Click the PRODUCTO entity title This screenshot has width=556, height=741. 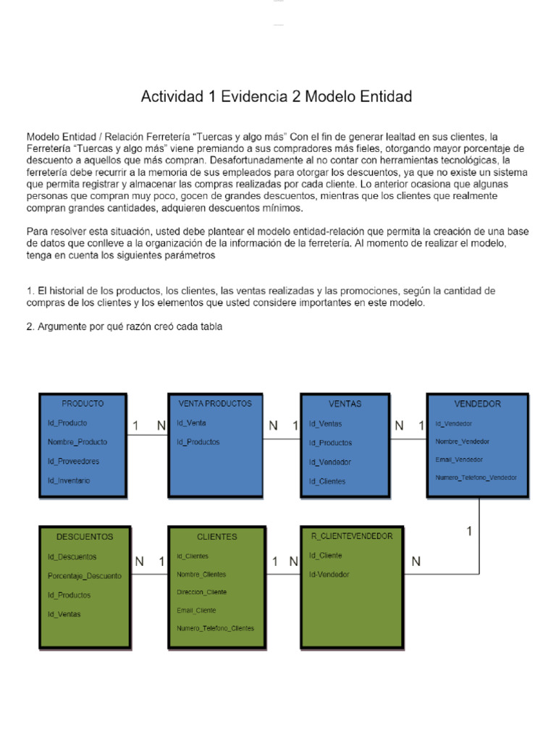(x=83, y=404)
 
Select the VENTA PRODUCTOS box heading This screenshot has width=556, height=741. (x=214, y=404)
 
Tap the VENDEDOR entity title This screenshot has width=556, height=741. (x=477, y=404)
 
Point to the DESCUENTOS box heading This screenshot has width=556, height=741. (x=85, y=537)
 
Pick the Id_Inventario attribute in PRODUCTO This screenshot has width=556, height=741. (x=69, y=480)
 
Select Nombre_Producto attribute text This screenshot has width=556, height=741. (x=77, y=441)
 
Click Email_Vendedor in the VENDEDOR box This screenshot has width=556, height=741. (x=460, y=460)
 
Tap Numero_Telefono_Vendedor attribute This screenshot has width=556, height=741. (x=476, y=478)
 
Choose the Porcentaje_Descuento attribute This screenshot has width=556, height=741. (x=85, y=576)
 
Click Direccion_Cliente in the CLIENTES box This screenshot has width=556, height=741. (x=202, y=592)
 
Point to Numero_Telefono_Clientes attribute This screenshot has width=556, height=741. (x=215, y=628)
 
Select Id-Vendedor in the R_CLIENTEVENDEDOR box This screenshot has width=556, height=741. (x=329, y=575)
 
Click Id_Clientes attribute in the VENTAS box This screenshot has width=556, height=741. (x=327, y=481)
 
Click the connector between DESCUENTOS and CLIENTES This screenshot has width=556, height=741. (x=148, y=576)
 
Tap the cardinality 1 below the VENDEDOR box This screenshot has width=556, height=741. (x=469, y=531)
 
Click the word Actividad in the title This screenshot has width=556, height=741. (x=172, y=96)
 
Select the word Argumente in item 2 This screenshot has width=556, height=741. (x=62, y=327)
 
